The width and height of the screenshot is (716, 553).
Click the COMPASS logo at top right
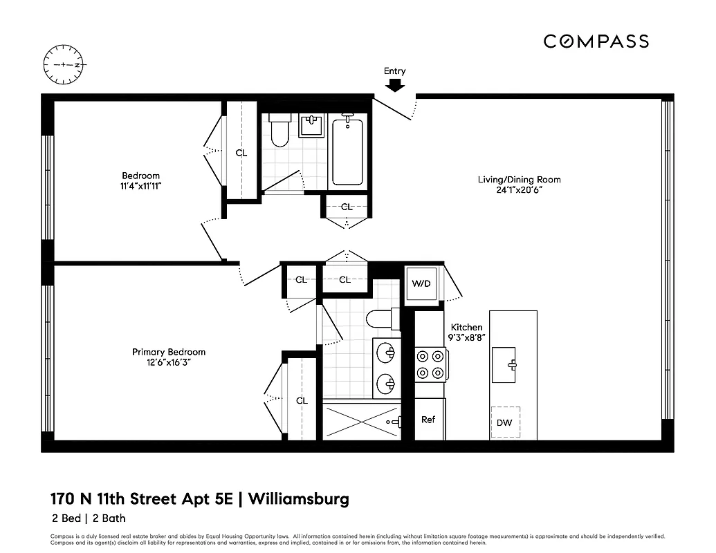(596, 41)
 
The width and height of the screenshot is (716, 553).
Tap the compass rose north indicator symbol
(63, 64)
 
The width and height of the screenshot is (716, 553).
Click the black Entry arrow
(395, 85)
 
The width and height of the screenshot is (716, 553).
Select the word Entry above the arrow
(395, 71)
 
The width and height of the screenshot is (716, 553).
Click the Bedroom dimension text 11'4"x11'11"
(141, 186)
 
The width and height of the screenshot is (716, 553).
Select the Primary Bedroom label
(168, 352)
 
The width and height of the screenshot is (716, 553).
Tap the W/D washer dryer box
(421, 283)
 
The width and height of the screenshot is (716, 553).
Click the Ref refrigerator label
(428, 419)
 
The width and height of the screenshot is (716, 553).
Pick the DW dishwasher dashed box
(504, 422)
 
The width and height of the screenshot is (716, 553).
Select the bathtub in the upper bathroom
(347, 152)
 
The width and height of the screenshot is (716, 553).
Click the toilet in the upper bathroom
(279, 131)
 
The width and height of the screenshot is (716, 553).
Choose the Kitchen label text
(466, 327)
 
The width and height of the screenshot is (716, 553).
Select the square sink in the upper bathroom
(312, 126)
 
